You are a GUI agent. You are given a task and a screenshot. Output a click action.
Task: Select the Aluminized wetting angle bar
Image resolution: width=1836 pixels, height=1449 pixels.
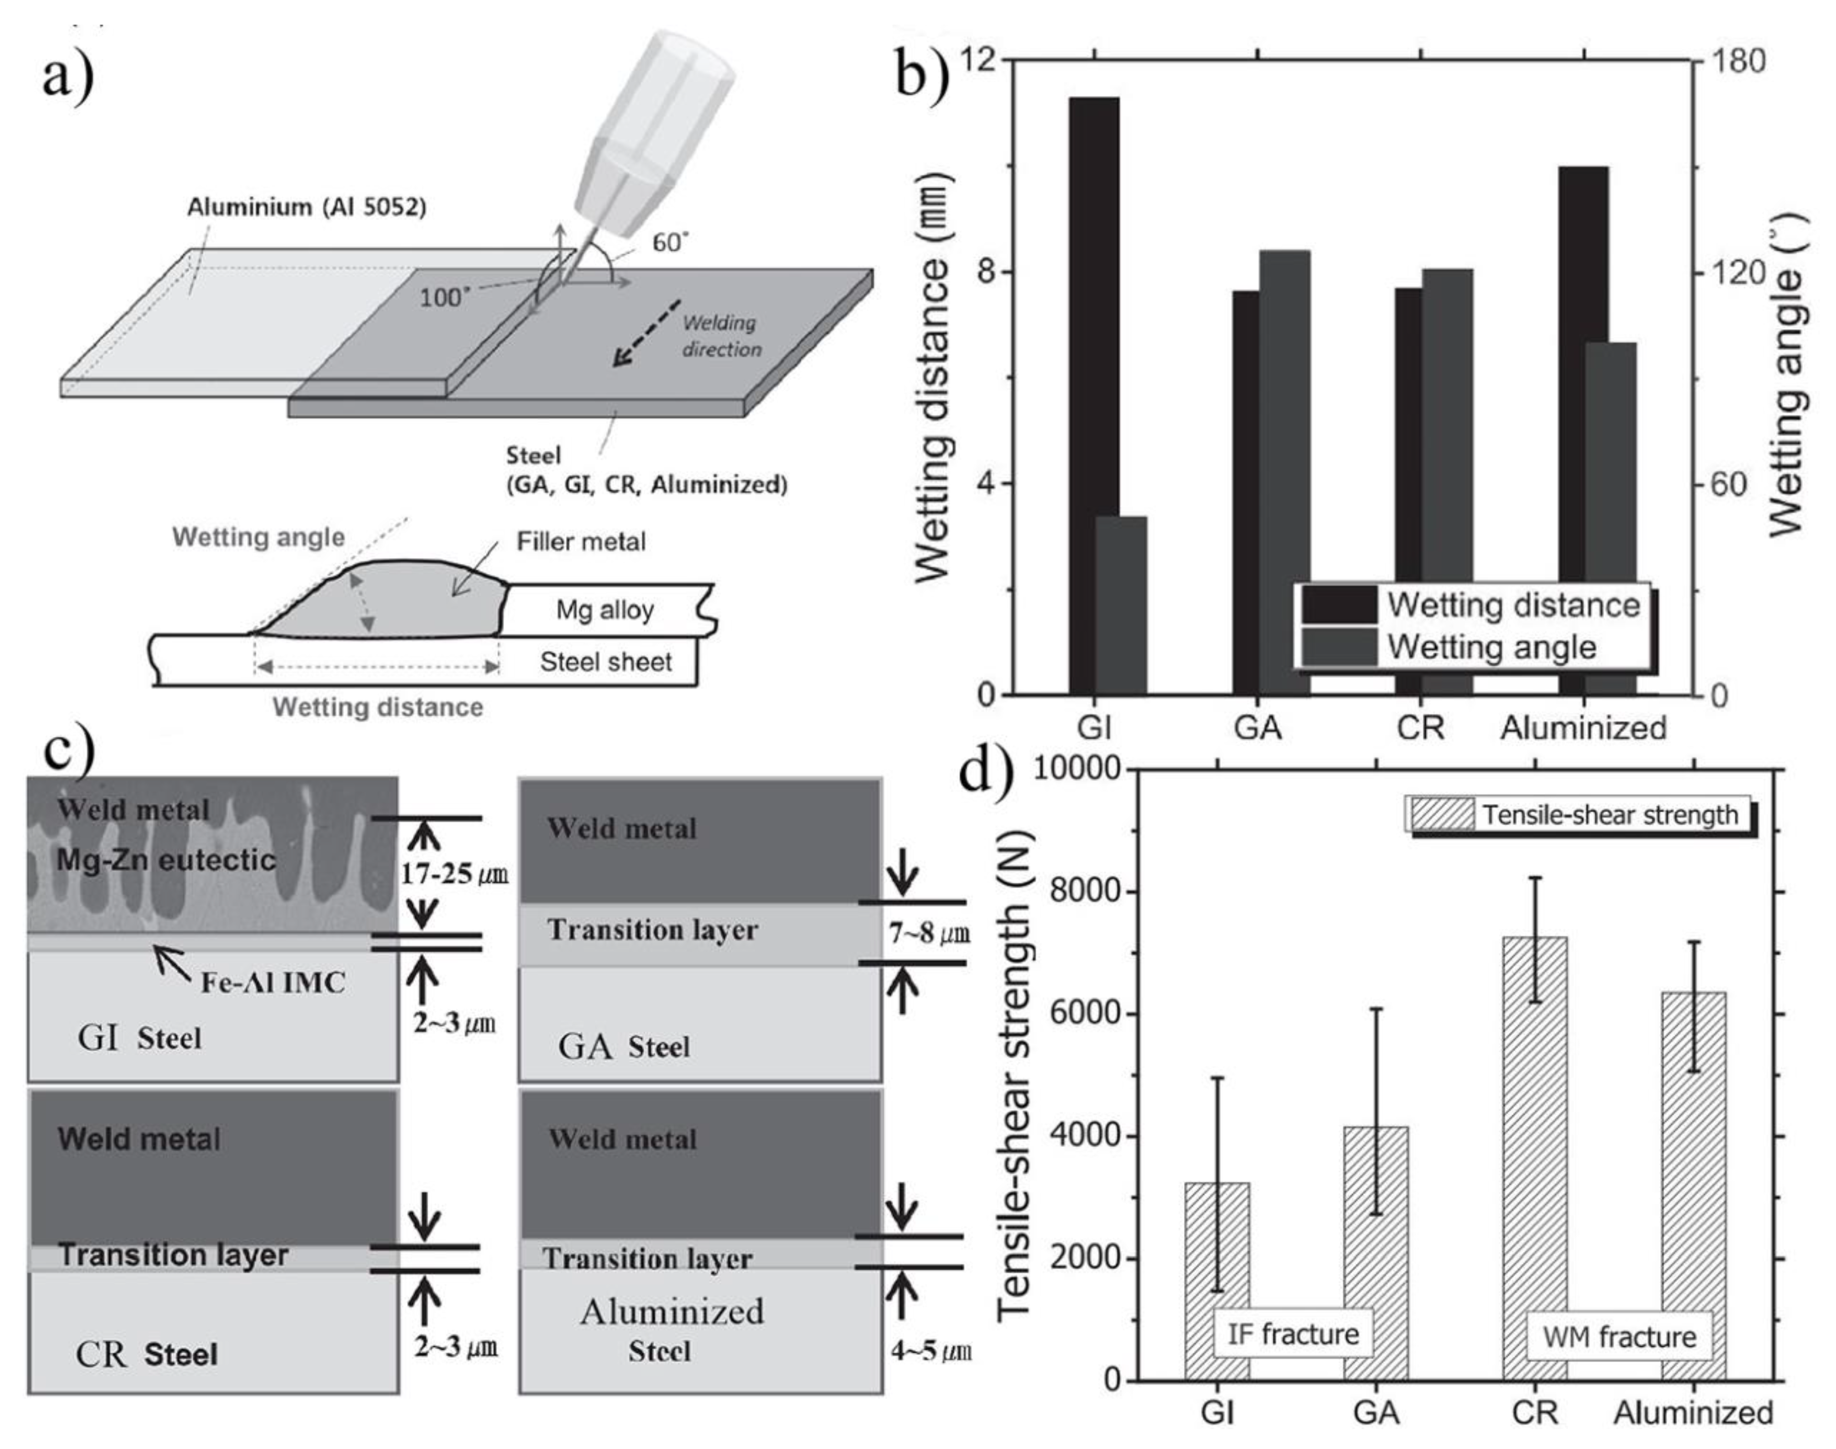pyautogui.click(x=1609, y=518)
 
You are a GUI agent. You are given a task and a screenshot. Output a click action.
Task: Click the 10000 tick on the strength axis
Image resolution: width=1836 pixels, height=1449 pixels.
pyautogui.click(x=1075, y=769)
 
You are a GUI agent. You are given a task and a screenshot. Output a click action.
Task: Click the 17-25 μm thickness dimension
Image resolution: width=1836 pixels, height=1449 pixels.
pyautogui.click(x=454, y=874)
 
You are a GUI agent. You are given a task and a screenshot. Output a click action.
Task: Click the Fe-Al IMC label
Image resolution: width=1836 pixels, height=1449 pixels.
pyautogui.click(x=272, y=982)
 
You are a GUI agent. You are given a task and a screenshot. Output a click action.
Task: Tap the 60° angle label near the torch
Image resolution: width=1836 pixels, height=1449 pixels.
pyautogui.click(x=669, y=243)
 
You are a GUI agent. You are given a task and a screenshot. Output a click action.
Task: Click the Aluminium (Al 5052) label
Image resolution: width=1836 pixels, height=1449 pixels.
pyautogui.click(x=306, y=207)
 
